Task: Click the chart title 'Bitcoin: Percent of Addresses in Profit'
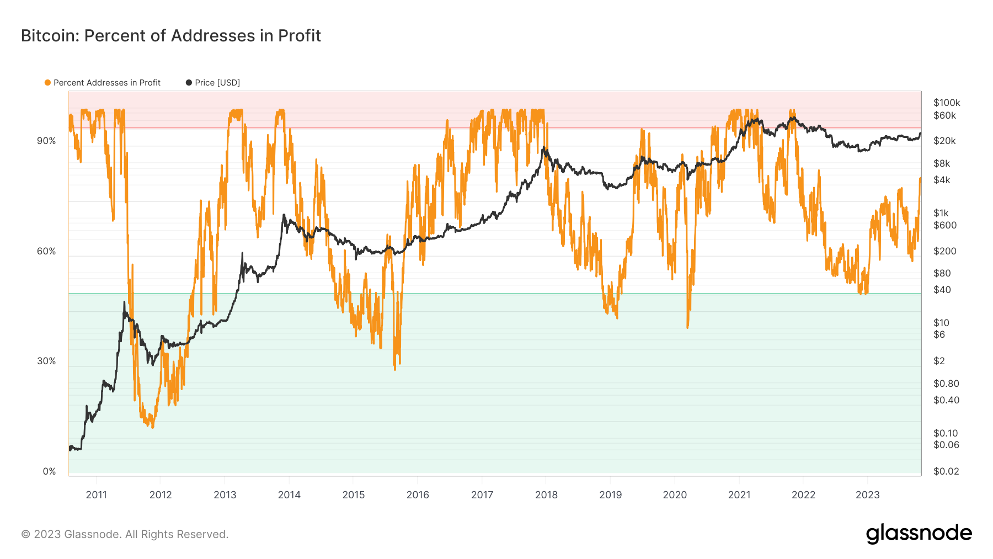pos(171,36)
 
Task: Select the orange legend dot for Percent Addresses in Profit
pos(48,83)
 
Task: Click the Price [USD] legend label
pos(217,83)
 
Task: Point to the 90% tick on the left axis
pos(46,141)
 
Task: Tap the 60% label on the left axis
pos(46,252)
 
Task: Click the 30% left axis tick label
pos(46,361)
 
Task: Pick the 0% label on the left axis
pos(49,472)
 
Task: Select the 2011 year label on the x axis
pos(97,495)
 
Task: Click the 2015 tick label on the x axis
pos(354,495)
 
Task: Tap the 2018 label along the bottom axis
pos(546,495)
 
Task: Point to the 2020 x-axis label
pos(675,495)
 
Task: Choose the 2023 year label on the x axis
pos(867,495)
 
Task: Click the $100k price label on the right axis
pos(947,103)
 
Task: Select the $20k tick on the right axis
pos(944,141)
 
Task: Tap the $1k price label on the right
pos(941,213)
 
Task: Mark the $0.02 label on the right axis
pos(946,471)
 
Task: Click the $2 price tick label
pos(939,361)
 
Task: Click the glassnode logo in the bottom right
pos(919,534)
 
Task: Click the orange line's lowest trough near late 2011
pos(152,427)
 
